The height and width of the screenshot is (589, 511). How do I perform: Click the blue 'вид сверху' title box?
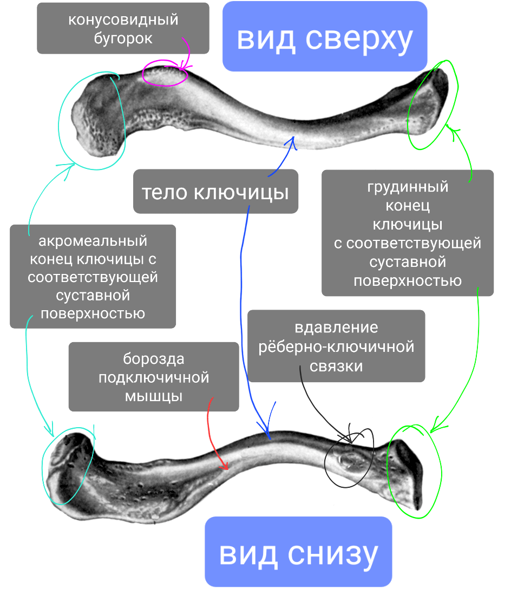[x=325, y=36]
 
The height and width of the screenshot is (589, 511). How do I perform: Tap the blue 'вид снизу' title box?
[x=298, y=552]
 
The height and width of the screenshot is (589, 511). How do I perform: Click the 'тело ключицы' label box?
[x=215, y=192]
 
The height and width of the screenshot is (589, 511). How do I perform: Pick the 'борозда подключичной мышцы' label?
[x=154, y=377]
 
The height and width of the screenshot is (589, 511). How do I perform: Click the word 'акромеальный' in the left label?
[x=93, y=241]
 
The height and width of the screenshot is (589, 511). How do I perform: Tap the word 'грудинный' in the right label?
[x=408, y=187]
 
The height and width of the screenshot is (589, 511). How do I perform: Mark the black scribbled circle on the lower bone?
[x=349, y=459]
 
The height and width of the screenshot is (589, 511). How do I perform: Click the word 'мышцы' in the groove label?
[x=154, y=396]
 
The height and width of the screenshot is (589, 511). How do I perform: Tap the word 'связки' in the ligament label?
[x=336, y=365]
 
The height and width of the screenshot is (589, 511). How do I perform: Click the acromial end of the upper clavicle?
[x=97, y=119]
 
